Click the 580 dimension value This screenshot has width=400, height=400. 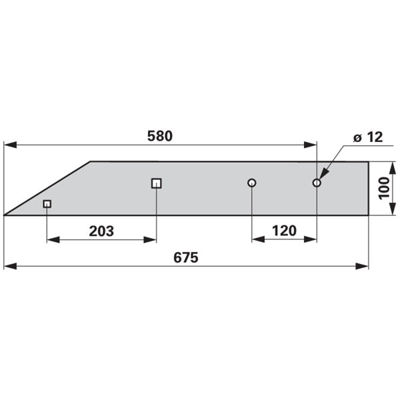pyautogui.click(x=160, y=136)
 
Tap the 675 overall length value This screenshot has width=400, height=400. pyautogui.click(x=186, y=257)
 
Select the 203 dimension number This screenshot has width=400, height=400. pyautogui.click(x=101, y=231)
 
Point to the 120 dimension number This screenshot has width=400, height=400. pyautogui.click(x=285, y=231)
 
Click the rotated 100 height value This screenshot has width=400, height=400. pyautogui.click(x=384, y=188)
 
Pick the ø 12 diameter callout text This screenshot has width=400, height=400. pyautogui.click(x=368, y=137)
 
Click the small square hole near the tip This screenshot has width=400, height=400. pyautogui.click(x=47, y=204)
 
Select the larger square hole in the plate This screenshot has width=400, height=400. pyautogui.click(x=157, y=183)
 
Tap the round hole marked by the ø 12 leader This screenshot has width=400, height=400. pyautogui.click(x=317, y=183)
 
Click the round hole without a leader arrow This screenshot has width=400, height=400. pyautogui.click(x=252, y=183)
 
